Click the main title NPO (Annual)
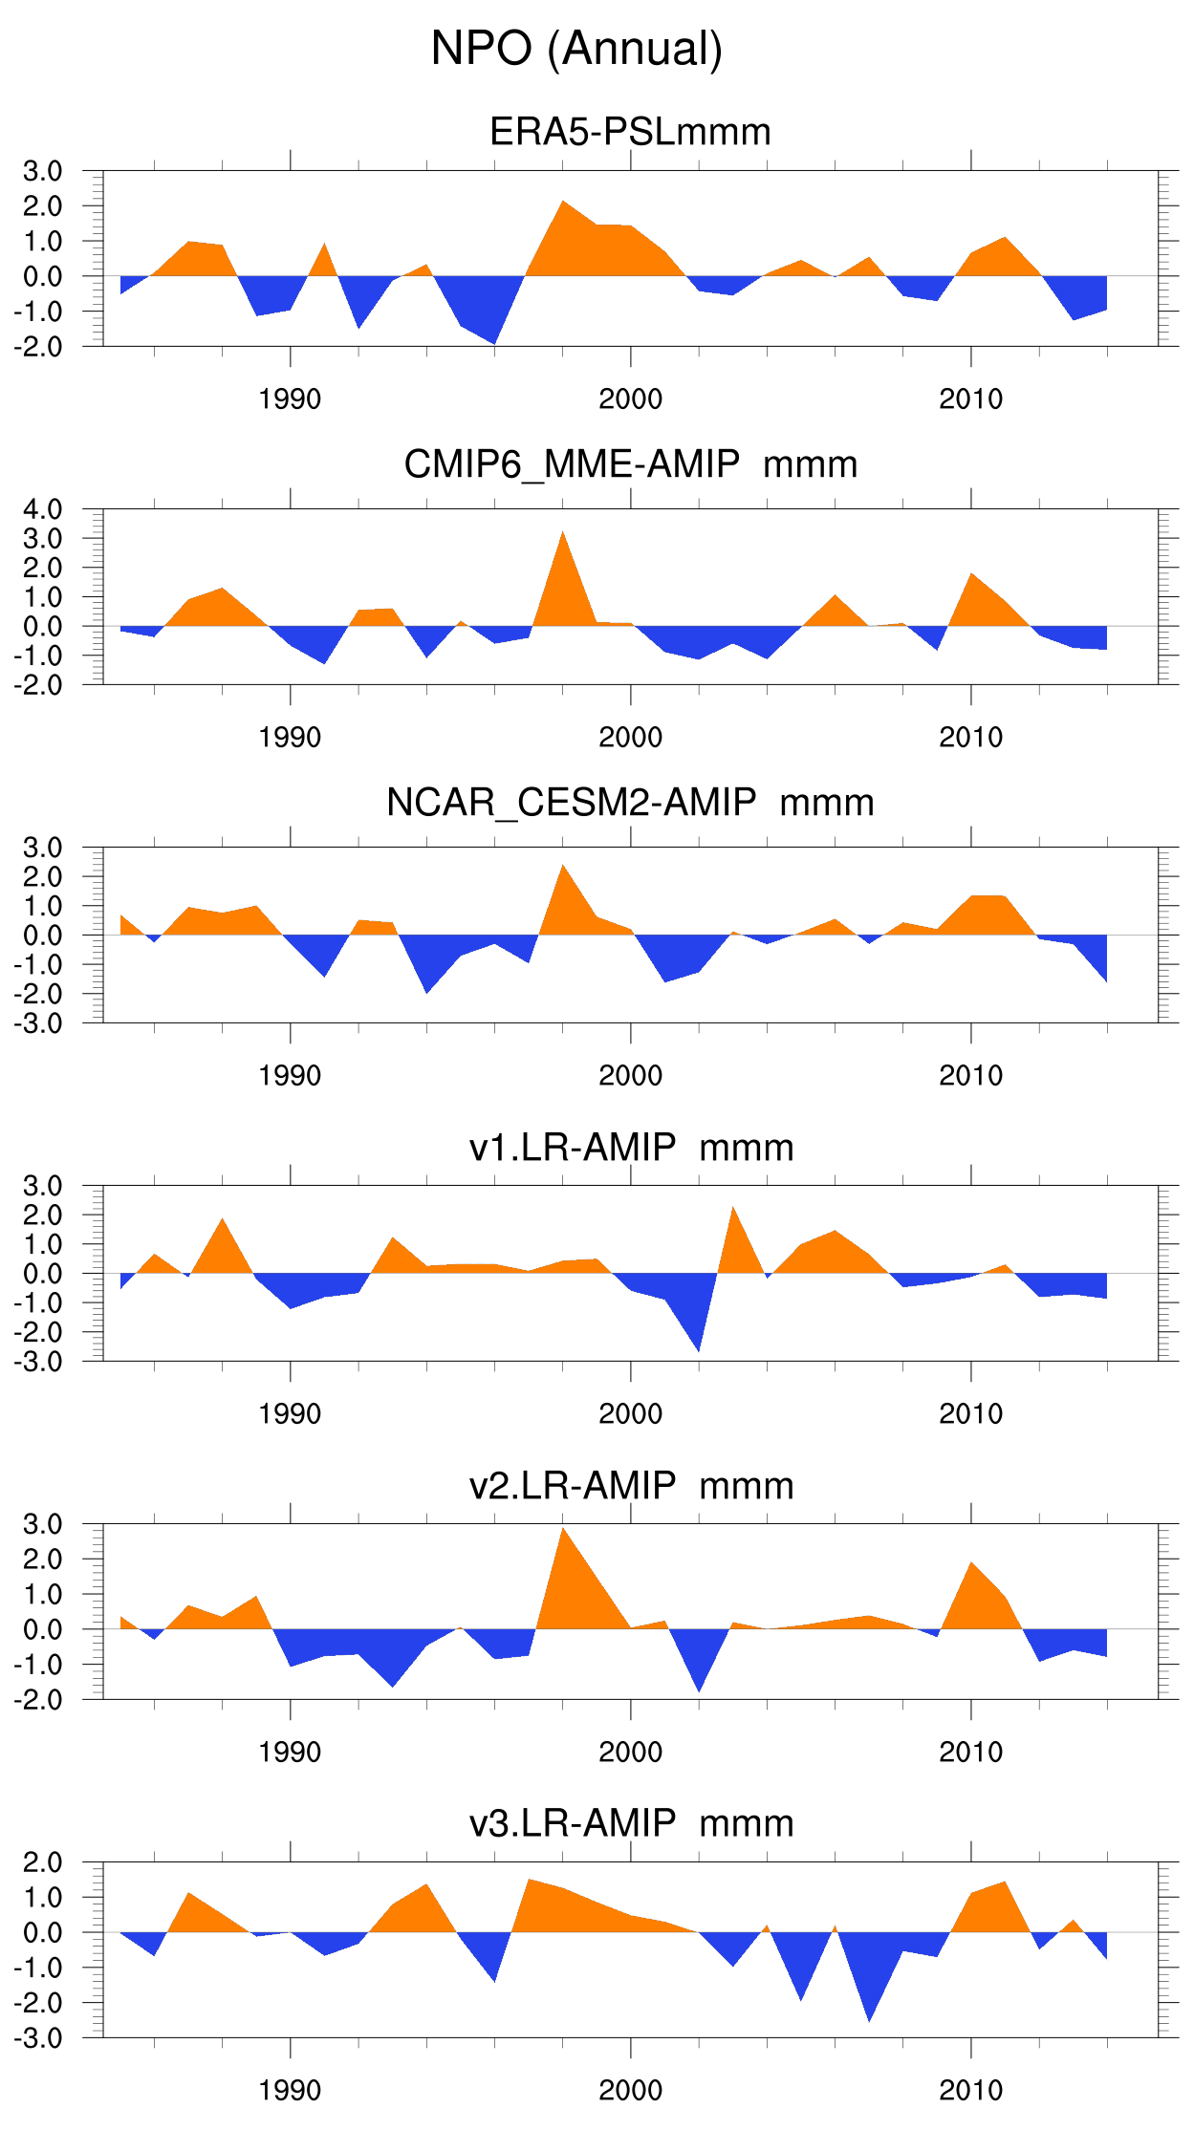pyautogui.click(x=576, y=48)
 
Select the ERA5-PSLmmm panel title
pyautogui.click(x=630, y=131)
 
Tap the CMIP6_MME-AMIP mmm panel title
pyautogui.click(x=630, y=464)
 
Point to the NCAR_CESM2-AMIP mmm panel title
pyautogui.click(x=630, y=803)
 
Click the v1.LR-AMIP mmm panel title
pyautogui.click(x=630, y=1147)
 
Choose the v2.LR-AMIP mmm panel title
pyautogui.click(x=630, y=1486)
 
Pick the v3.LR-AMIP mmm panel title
pyautogui.click(x=630, y=1823)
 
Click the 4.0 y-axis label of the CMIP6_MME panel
pyautogui.click(x=43, y=508)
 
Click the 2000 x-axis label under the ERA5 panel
pyautogui.click(x=630, y=399)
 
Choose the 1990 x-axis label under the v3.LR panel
pyautogui.click(x=290, y=2090)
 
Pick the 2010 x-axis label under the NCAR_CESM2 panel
pyautogui.click(x=970, y=1076)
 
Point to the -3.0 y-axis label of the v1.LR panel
pyautogui.click(x=38, y=1362)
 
